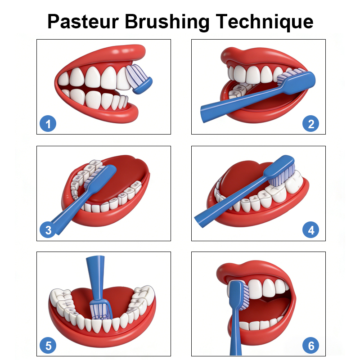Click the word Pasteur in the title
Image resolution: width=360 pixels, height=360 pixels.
click(83, 21)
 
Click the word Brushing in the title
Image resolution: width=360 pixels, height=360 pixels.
click(167, 22)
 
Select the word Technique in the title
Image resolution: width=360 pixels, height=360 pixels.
click(264, 22)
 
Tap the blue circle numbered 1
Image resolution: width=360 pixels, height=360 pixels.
click(48, 123)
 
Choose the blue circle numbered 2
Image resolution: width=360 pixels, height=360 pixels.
click(310, 123)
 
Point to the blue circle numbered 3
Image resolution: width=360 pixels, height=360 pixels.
click(48, 230)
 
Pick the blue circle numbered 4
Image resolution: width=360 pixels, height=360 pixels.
click(310, 230)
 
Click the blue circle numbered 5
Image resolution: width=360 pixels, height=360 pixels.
click(48, 345)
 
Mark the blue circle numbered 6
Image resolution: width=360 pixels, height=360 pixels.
click(310, 345)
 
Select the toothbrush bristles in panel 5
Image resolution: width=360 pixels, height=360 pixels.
click(100, 311)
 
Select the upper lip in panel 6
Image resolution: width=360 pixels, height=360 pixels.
click(250, 271)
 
